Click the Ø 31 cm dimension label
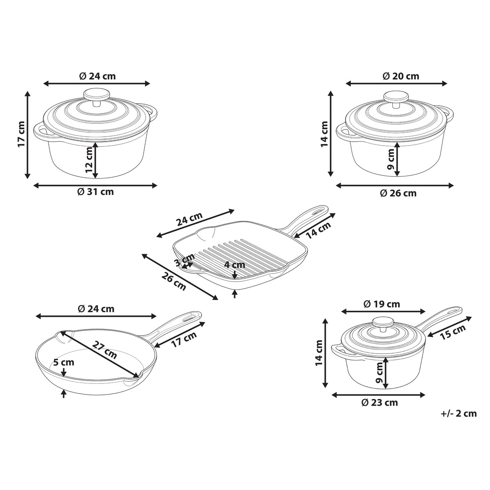pyautogui.click(x=96, y=192)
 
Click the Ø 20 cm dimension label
pyautogui.click(x=401, y=76)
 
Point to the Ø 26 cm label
pyautogui.click(x=399, y=194)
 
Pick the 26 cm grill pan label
pyautogui.click(x=174, y=281)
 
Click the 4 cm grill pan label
pyautogui.click(x=235, y=265)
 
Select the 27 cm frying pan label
pyautogui.click(x=105, y=350)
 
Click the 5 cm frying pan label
pyautogui.click(x=64, y=362)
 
